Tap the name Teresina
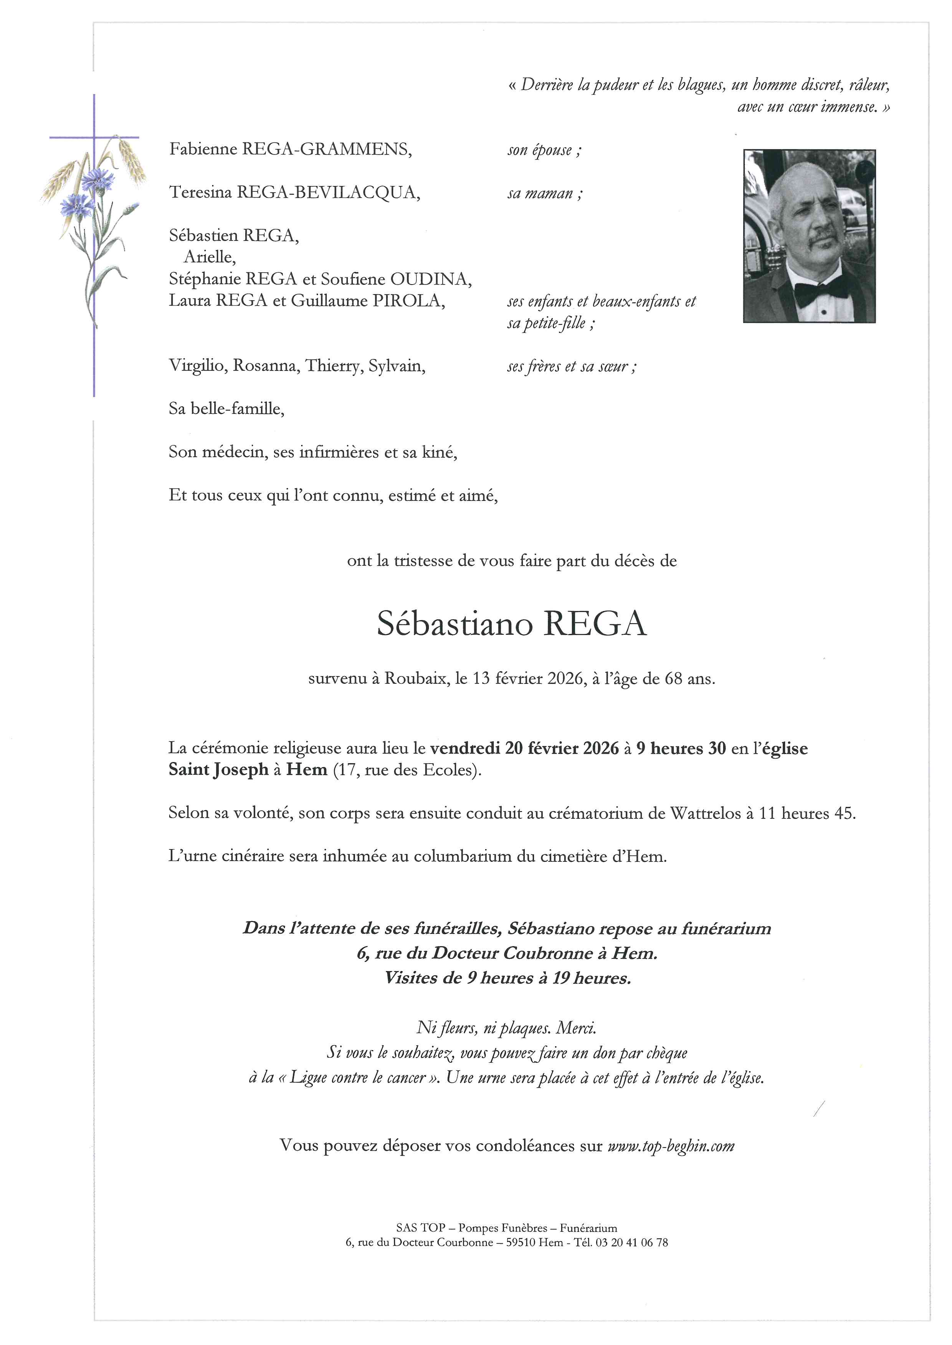point(200,192)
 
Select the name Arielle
point(209,257)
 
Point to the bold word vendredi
point(464,748)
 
